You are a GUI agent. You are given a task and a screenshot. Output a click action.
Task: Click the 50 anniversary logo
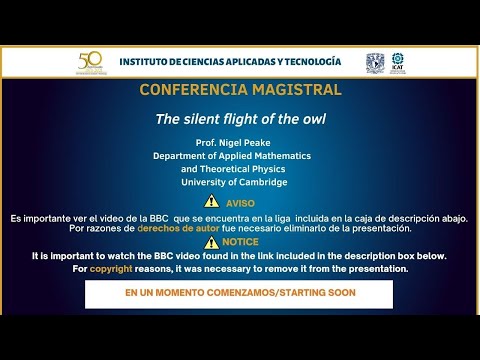point(90,62)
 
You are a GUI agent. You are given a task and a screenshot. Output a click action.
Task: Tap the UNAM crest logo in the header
point(375,62)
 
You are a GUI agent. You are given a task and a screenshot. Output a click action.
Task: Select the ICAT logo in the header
point(398,62)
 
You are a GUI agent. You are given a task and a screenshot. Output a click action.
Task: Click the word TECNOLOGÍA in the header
point(307,61)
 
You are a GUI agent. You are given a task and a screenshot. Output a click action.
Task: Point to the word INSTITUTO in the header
point(147,61)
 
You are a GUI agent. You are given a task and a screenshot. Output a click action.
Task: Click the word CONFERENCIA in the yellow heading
point(187,90)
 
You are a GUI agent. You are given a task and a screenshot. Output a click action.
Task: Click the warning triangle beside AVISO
point(211,202)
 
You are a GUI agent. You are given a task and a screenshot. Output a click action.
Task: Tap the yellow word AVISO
point(240,203)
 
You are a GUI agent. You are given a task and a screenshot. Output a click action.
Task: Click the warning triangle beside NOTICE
point(210,241)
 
